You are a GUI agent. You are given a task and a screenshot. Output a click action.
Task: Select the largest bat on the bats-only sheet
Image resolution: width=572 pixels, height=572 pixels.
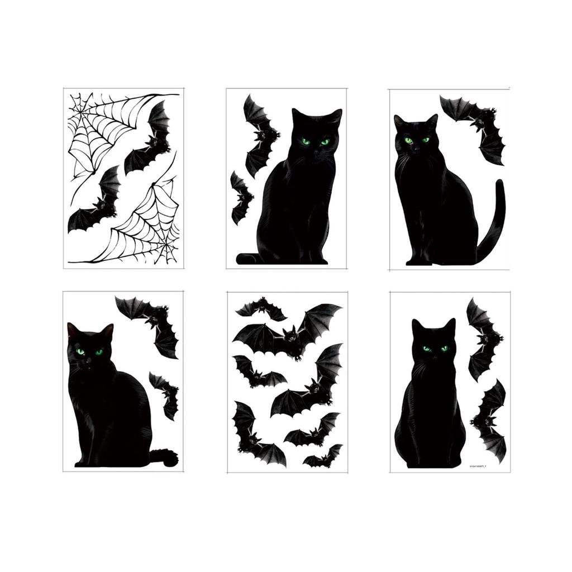[290, 333]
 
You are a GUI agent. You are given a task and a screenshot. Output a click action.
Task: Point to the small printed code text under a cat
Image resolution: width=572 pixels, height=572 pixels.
[480, 465]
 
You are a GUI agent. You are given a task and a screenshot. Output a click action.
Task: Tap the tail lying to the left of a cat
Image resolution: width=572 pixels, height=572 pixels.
[246, 259]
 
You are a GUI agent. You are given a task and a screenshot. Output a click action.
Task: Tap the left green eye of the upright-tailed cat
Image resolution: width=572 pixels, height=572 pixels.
[408, 140]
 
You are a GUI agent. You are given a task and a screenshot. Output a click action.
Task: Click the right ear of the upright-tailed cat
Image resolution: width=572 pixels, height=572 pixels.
[432, 120]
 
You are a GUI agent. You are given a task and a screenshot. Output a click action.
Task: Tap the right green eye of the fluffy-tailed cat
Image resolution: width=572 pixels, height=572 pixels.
[99, 352]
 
